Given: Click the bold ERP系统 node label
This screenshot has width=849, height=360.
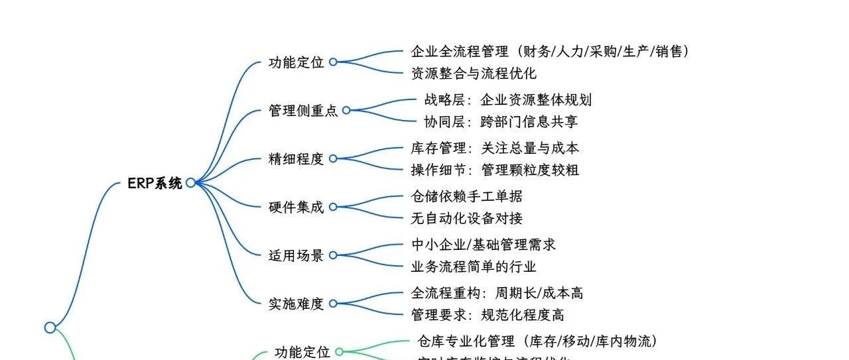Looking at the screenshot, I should (x=155, y=184).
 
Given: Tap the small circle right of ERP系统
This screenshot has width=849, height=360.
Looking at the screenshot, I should (x=191, y=183).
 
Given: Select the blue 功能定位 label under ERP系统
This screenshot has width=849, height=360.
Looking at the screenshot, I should (x=296, y=62).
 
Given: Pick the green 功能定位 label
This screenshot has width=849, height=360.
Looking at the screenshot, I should (x=302, y=352).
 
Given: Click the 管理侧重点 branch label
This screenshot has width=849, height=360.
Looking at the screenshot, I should (x=303, y=111).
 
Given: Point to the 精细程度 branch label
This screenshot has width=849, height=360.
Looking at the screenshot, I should (x=296, y=159).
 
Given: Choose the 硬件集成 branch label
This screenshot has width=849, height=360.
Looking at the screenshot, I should (x=296, y=208).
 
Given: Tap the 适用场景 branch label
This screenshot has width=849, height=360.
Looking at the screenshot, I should (x=296, y=255).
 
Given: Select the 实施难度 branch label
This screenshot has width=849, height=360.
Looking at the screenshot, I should (x=296, y=304).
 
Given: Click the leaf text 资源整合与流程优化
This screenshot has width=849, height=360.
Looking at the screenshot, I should (x=474, y=74).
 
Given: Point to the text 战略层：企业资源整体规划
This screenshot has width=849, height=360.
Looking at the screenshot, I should (x=508, y=100).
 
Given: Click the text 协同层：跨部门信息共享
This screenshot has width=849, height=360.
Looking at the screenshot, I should (x=501, y=122).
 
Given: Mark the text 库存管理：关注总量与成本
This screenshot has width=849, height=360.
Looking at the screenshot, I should (x=495, y=149).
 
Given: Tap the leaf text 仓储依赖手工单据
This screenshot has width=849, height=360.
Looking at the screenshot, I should (x=467, y=197).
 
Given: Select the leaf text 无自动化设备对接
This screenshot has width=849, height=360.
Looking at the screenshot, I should (x=467, y=218).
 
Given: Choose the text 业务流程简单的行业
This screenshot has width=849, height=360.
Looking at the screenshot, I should (x=474, y=267).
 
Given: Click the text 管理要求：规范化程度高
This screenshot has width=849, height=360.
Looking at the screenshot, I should (x=488, y=315).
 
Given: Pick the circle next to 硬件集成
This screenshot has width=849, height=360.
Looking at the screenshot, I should (x=333, y=207).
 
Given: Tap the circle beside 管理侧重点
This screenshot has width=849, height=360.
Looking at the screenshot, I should (x=346, y=110).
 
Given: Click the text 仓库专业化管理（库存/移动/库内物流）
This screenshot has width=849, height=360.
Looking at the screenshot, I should (x=537, y=341).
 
